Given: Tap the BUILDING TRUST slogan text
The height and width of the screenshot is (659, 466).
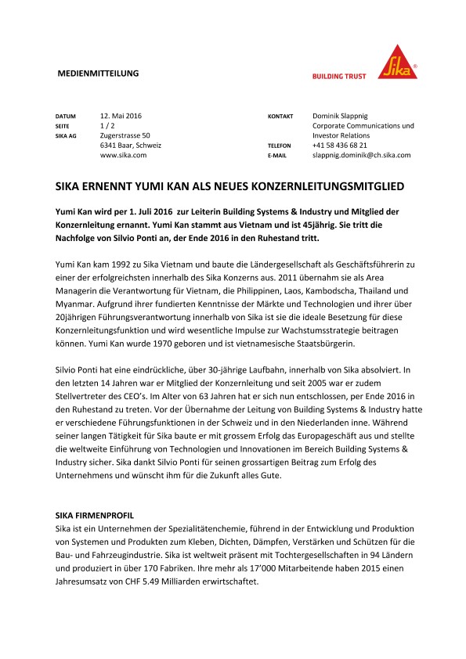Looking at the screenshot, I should (x=340, y=77).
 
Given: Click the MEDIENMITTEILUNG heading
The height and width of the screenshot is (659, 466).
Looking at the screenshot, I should (x=99, y=74).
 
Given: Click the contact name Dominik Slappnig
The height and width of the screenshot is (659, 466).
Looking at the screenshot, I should (x=345, y=115).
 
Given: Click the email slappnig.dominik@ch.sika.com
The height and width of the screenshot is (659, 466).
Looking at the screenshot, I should (x=361, y=156).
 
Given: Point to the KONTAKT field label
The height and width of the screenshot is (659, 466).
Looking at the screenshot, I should (x=280, y=116).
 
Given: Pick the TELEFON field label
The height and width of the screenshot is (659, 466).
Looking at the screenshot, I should (x=280, y=146).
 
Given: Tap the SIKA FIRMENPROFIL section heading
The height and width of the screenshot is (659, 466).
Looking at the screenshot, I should (x=95, y=517).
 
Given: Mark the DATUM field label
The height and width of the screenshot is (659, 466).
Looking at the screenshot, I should (x=65, y=116).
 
